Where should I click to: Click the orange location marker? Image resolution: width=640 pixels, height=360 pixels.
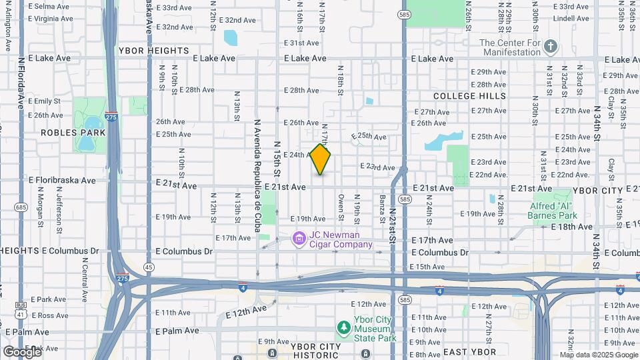321,159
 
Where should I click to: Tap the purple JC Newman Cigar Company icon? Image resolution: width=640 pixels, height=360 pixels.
299,238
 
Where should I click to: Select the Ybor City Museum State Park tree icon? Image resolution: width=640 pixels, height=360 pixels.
343,327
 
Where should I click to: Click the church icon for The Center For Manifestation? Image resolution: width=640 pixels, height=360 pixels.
550,46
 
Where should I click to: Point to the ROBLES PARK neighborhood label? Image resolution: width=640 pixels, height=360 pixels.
73,133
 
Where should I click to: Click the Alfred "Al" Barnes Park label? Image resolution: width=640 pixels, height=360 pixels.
551,211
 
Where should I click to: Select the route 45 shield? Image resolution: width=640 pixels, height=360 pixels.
149,267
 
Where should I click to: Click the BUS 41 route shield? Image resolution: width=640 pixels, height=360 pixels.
21,309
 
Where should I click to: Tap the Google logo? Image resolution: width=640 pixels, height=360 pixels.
21,351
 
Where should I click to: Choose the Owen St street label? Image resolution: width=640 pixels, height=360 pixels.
341,207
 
